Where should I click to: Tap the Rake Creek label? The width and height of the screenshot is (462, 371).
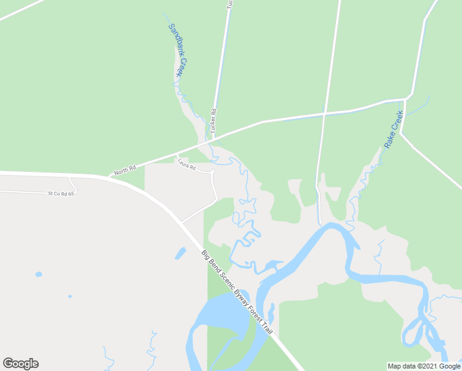(x=393, y=129)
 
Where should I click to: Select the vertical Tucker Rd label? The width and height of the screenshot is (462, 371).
(x=214, y=121)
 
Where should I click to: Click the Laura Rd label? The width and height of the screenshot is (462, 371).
(x=186, y=164)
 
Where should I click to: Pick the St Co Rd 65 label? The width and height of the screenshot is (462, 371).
(x=61, y=194)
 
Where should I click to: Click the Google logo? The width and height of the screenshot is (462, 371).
(x=20, y=364)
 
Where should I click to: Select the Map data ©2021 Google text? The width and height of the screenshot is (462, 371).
(x=424, y=366)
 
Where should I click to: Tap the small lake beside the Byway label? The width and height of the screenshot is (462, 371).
(x=180, y=253)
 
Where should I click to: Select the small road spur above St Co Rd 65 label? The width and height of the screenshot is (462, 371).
(x=72, y=184)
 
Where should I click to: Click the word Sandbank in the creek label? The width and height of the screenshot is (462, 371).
(x=173, y=39)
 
